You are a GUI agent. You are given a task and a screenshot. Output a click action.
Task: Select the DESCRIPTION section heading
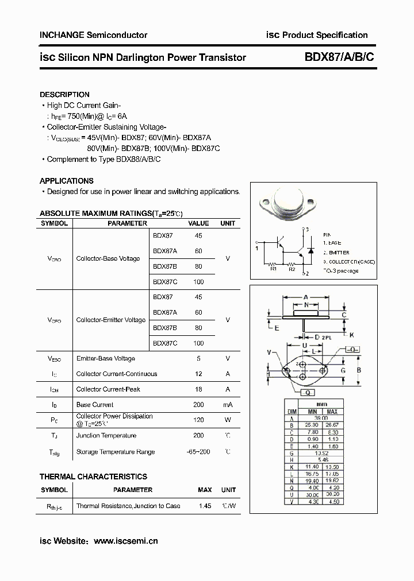pos(64,94)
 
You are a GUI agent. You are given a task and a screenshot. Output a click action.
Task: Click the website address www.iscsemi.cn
pos(125,540)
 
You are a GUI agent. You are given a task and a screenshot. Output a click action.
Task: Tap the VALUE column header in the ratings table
pos(198,223)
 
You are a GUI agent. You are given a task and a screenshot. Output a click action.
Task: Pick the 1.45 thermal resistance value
pos(204,506)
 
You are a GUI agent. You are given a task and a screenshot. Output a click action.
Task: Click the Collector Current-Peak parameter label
pos(108,389)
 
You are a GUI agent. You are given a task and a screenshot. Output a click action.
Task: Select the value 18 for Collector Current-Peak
pos(198,389)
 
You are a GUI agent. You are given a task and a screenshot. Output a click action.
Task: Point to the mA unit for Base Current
pos(228,405)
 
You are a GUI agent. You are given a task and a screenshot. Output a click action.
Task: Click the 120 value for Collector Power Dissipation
pos(198,420)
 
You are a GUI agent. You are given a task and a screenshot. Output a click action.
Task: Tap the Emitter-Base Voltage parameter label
pos(105,358)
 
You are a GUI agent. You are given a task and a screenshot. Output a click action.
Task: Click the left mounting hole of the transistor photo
pos(266,203)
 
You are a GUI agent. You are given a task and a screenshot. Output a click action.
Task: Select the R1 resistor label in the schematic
pos(274,268)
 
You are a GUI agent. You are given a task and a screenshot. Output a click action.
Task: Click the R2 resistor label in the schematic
pos(292,268)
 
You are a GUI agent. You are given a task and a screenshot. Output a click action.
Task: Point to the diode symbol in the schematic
pos(310,251)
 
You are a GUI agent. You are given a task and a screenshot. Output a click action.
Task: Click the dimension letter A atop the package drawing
pos(305,297)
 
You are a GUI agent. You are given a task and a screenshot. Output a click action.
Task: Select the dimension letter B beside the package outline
pos(359,370)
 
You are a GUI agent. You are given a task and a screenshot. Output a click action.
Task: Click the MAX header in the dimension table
pos(332,412)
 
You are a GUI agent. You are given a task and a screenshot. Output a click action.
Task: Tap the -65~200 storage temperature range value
pos(198,452)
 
